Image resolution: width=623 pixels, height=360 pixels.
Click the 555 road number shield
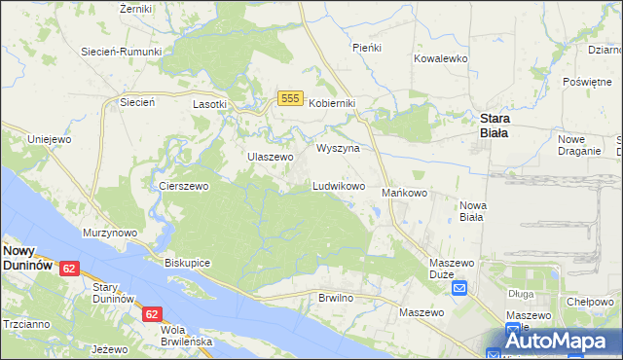[x=288, y=98]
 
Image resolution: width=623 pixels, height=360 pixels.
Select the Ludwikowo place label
[x=338, y=185]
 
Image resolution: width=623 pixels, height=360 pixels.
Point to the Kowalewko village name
[x=441, y=58]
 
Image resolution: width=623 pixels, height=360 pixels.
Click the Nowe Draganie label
[x=578, y=145]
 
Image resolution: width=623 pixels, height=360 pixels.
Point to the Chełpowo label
[x=589, y=302]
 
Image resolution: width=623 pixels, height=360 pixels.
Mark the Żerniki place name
[x=135, y=9]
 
